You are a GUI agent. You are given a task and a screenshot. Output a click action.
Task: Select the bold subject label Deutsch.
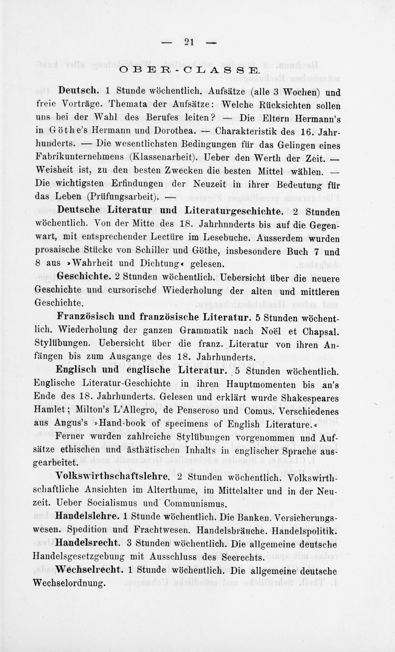click(78, 90)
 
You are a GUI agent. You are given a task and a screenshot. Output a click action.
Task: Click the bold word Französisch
click(85, 317)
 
